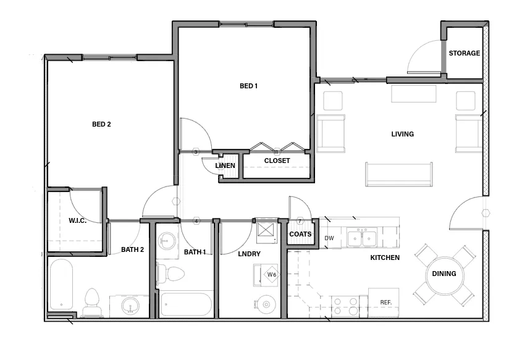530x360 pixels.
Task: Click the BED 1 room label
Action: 248,86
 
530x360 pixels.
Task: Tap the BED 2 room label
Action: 101,124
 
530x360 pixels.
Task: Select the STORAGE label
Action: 464,53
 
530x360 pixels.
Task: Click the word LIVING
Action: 402,134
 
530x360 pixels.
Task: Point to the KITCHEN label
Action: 384,257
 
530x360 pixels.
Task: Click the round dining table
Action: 444,274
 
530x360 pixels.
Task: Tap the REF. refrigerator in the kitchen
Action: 384,302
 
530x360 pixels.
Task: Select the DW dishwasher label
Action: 329,238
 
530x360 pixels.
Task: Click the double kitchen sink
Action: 362,238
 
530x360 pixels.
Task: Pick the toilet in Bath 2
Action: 92,302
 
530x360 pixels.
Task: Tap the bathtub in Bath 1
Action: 187,304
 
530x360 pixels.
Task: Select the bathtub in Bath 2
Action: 61,284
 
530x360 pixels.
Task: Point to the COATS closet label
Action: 300,234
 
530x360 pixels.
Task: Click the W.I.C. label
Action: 77,220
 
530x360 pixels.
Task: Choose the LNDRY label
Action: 249,254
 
